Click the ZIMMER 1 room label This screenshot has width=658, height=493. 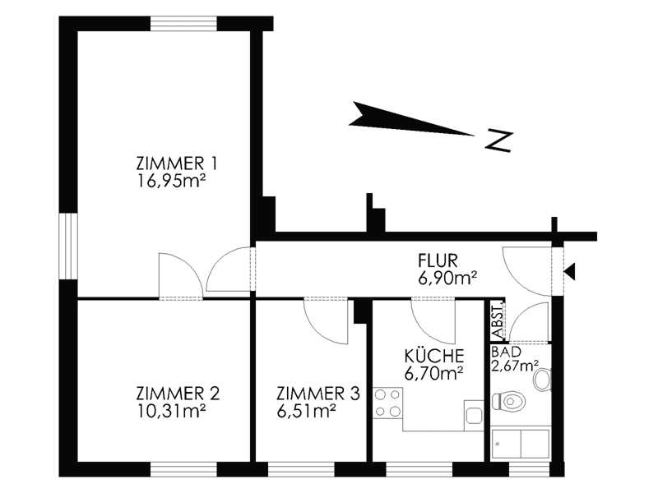(177, 163)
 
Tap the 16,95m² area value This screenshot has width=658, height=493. (171, 181)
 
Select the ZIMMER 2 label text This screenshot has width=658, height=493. (178, 394)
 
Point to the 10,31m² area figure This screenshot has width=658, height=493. (171, 412)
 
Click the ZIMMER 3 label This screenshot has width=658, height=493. (318, 394)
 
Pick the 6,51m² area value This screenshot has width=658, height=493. (306, 412)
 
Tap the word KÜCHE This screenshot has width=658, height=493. (434, 356)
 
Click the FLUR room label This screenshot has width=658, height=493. (438, 260)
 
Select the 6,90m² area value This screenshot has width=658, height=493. (447, 278)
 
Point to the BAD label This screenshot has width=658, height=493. (506, 352)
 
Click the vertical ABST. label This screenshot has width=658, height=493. (498, 320)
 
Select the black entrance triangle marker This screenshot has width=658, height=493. (570, 272)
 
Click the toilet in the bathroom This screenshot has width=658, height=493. (508, 402)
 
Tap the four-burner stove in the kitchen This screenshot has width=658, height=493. (387, 403)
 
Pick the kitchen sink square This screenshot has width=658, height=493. (475, 416)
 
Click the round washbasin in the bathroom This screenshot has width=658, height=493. (543, 380)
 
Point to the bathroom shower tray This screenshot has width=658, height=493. (521, 444)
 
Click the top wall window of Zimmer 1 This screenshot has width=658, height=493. (183, 23)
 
